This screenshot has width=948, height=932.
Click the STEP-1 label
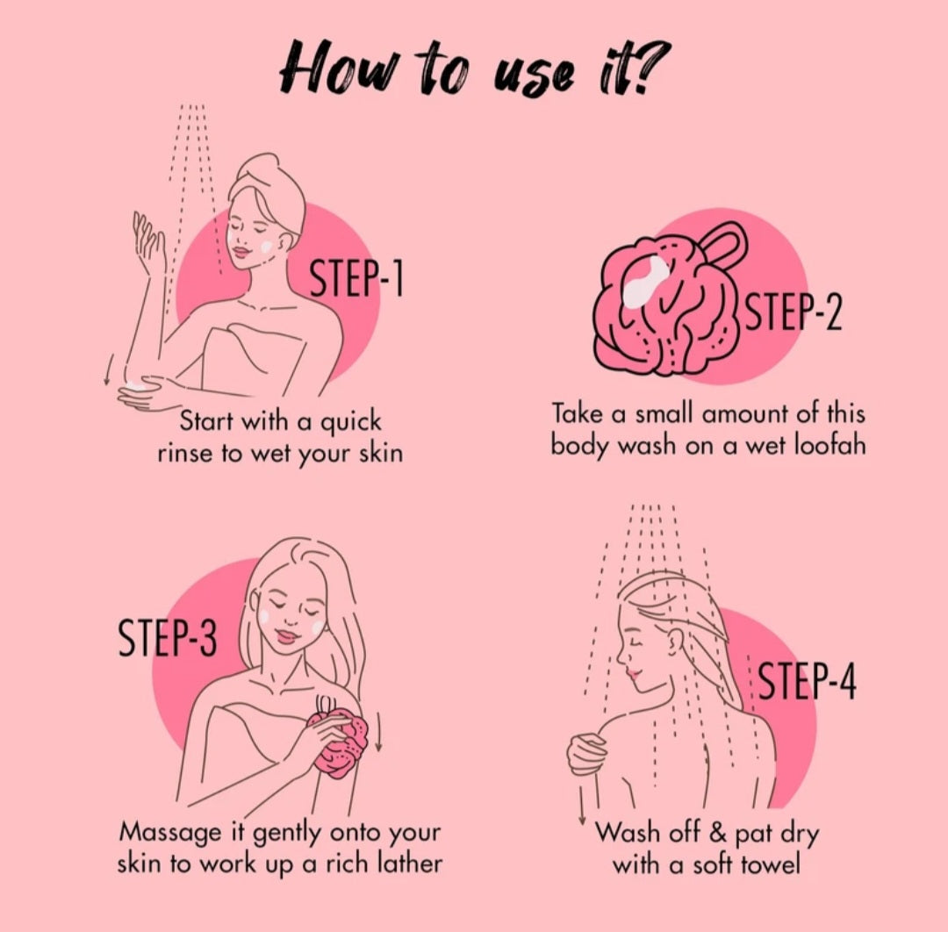[356, 278]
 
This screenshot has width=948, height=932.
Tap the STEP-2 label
[794, 313]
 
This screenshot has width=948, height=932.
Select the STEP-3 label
[167, 638]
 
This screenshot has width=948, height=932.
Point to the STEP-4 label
[808, 680]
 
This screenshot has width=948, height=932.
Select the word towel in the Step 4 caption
[770, 864]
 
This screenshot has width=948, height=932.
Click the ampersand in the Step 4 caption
[718, 833]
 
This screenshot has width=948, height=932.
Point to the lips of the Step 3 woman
[287, 636]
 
